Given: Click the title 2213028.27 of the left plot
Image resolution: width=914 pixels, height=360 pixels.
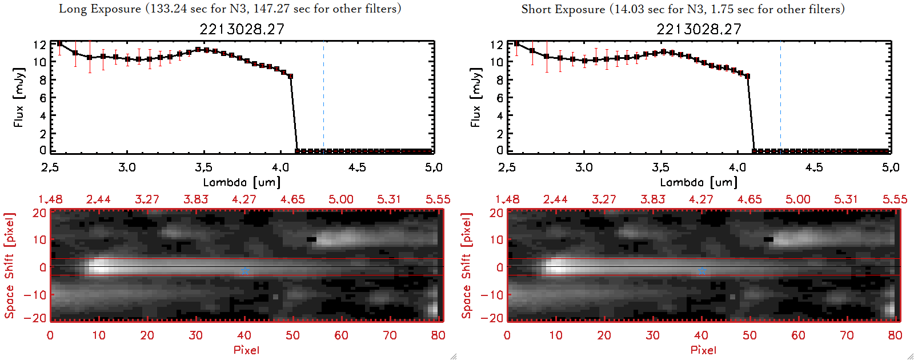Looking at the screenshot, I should (242, 29).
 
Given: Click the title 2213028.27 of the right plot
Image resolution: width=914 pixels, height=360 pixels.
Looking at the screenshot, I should (699, 29).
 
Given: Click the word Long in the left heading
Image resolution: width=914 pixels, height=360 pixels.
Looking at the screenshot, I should (71, 9).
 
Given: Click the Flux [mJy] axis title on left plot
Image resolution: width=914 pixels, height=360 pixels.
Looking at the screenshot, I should (19, 97).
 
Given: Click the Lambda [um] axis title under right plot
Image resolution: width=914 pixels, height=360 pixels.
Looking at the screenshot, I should (699, 182).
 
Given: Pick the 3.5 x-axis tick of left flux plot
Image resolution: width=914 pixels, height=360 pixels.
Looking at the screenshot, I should (203, 167).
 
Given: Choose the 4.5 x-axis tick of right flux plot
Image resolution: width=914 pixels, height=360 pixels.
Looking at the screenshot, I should (814, 167).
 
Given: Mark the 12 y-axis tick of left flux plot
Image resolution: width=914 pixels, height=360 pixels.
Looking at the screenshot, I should (39, 45).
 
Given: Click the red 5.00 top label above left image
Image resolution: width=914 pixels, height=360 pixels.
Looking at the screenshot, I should (341, 199).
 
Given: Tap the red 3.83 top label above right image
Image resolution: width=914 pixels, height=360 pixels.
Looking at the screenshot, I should (652, 199).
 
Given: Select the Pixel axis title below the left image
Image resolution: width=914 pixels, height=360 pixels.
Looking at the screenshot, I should (246, 350).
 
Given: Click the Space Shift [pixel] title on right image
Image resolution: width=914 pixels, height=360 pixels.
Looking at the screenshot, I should (467, 266).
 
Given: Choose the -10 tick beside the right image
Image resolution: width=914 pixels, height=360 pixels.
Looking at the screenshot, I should (492, 294).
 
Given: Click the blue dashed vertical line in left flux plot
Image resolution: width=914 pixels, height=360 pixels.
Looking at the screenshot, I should (323, 97).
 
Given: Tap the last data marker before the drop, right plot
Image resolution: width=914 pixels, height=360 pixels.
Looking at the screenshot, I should (747, 76).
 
